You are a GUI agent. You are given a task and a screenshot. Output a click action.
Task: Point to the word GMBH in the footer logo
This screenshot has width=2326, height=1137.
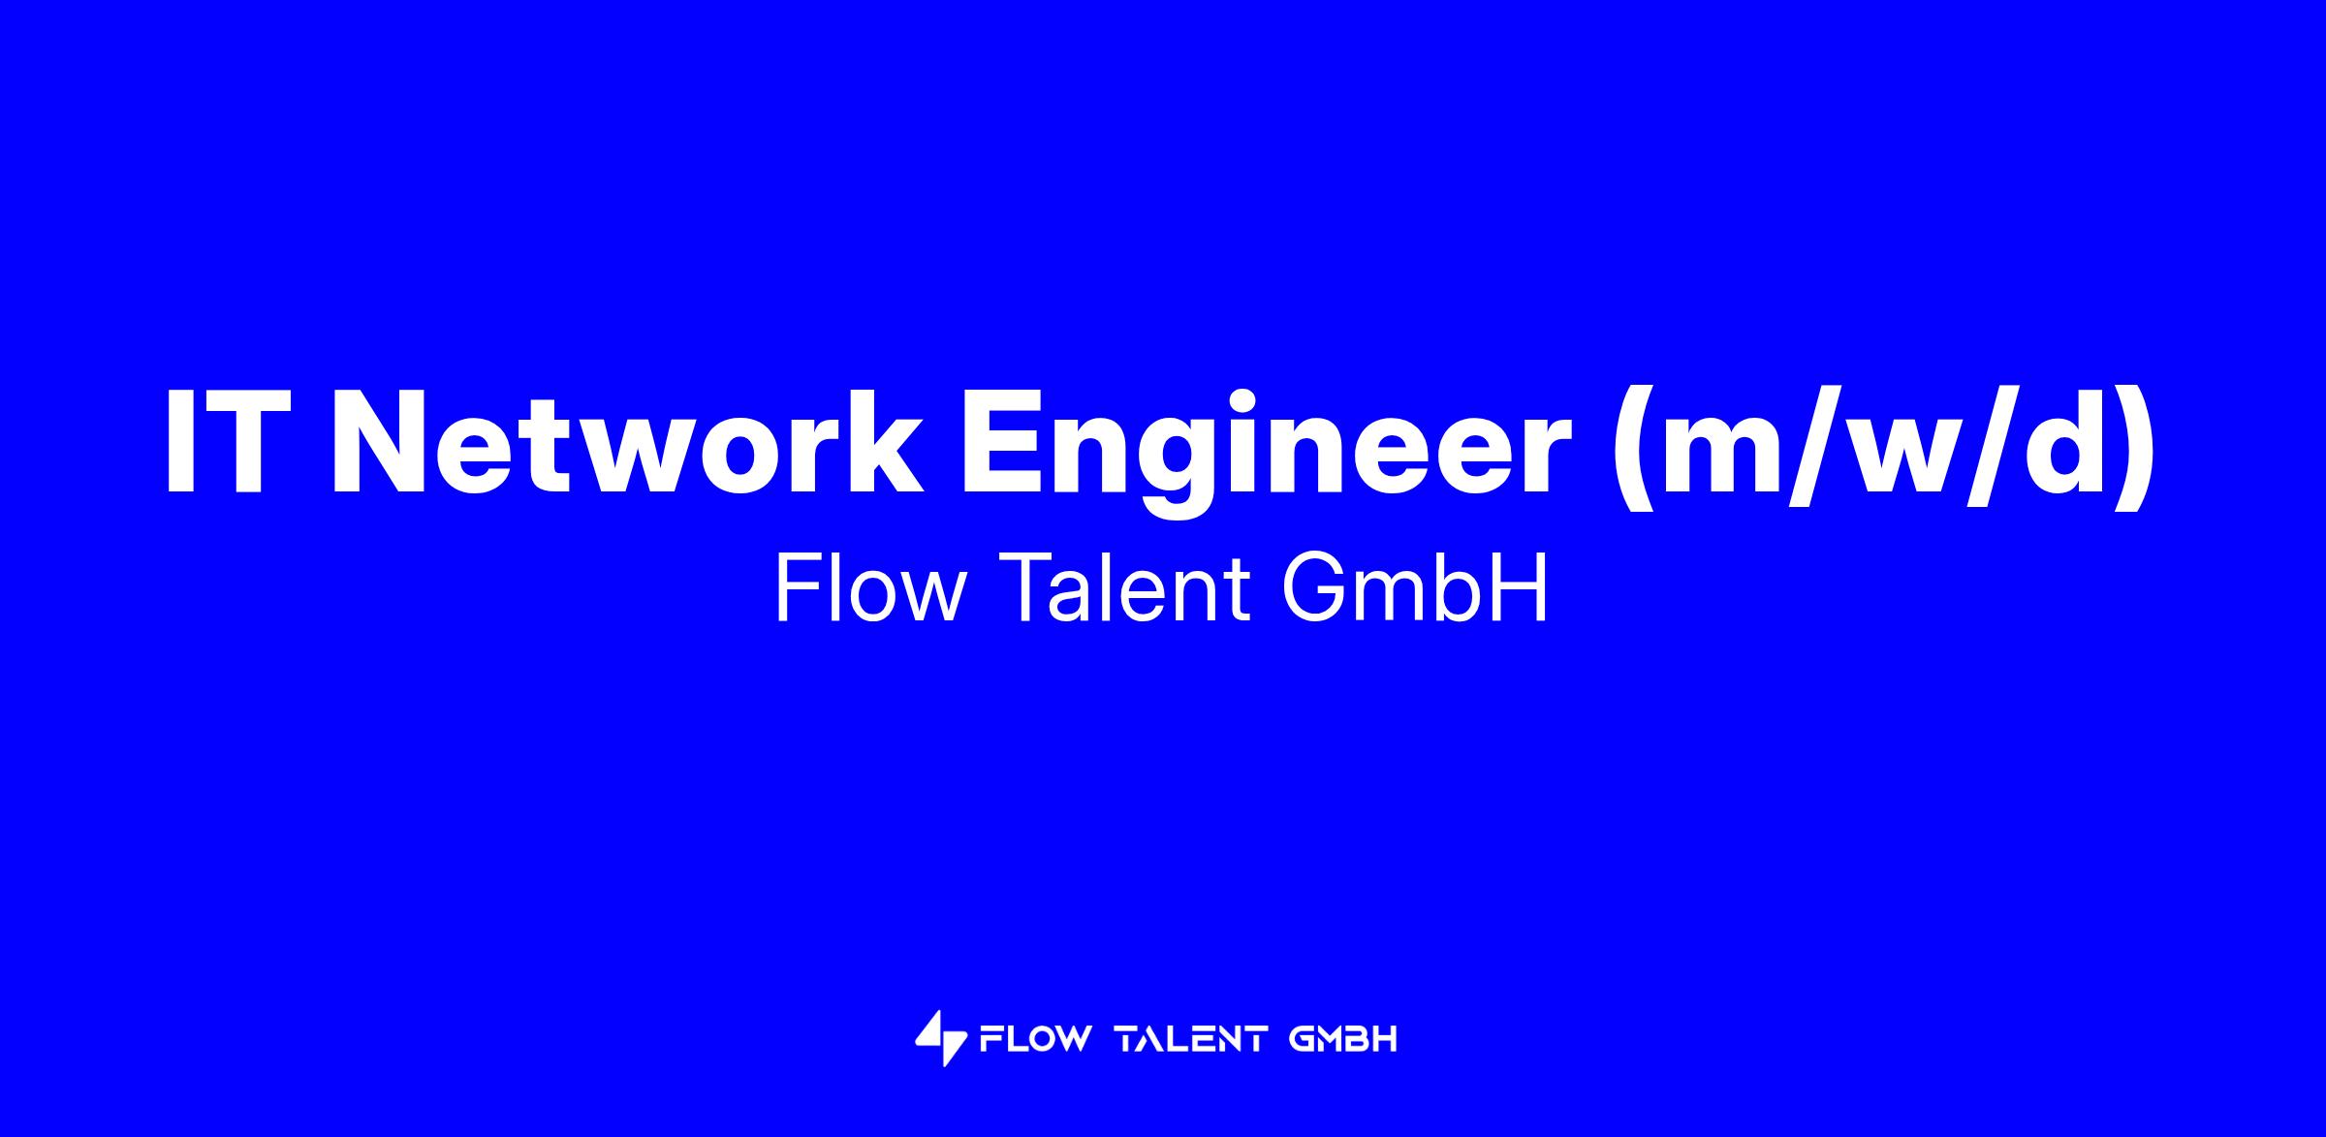pyautogui.click(x=1343, y=1040)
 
